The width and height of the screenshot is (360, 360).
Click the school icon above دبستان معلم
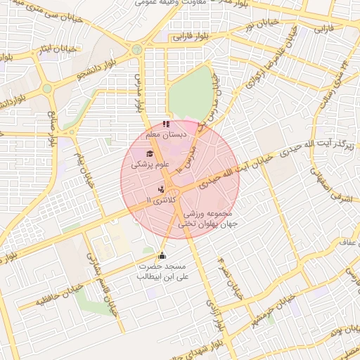click(x=165, y=124)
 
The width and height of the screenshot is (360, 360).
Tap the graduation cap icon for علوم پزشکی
click(x=148, y=154)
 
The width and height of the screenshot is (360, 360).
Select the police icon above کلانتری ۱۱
click(x=162, y=188)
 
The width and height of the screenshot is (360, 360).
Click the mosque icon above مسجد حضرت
click(x=163, y=256)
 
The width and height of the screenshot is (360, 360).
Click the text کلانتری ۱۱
click(x=156, y=201)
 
